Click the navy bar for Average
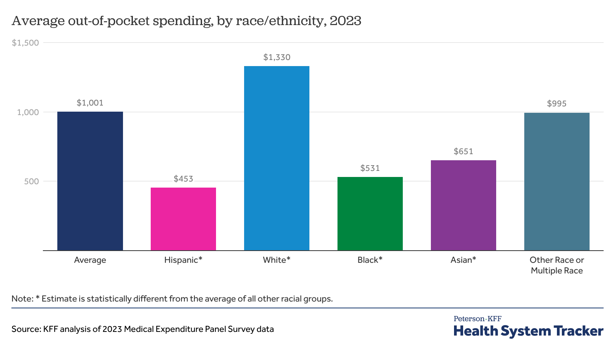[x=90, y=181]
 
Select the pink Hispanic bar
[x=183, y=219]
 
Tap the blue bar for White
[x=277, y=158]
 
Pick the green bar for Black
[x=370, y=214]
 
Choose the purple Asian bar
[x=464, y=205]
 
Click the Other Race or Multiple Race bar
[x=557, y=182]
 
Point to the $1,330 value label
[x=277, y=57]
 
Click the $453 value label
[x=183, y=179]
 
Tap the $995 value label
[x=557, y=104]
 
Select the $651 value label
[x=464, y=152]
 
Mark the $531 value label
[x=370, y=168]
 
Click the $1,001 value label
[x=90, y=103]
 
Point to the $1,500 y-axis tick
[x=25, y=43]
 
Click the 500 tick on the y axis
[x=32, y=182]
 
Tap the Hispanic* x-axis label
[x=183, y=260]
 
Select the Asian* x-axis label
[x=463, y=260]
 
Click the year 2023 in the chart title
[x=345, y=21]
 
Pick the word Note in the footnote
[x=22, y=299]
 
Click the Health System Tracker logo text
[x=528, y=331]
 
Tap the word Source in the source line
[x=25, y=329]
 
